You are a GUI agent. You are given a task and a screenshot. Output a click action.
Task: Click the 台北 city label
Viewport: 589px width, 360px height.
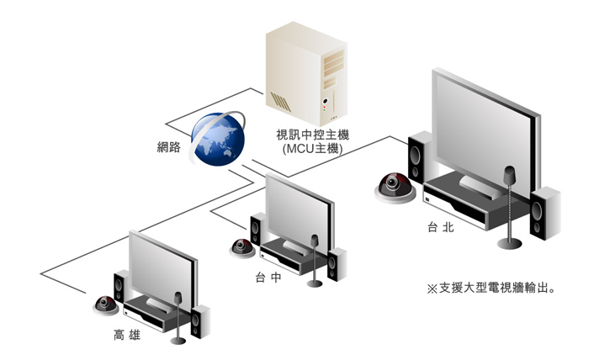(440, 227)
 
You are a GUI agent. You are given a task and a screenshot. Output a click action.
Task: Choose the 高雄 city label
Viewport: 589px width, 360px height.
(127, 336)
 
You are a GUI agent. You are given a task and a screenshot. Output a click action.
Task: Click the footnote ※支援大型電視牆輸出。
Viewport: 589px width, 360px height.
(495, 288)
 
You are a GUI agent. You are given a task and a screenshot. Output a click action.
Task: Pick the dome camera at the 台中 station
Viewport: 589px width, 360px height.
(242, 247)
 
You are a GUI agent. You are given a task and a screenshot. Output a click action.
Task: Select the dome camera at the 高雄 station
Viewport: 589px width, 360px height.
(105, 304)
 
